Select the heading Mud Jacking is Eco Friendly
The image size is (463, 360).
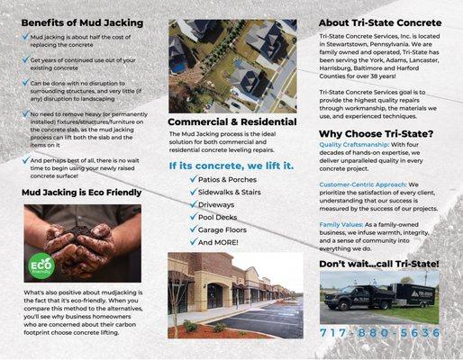pos(81,192)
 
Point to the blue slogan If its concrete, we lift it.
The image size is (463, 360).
pos(231,166)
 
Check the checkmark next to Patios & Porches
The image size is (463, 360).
pos(193,179)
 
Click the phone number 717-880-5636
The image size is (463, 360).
pos(380,334)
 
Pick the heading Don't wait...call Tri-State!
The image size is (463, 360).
pos(379,263)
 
